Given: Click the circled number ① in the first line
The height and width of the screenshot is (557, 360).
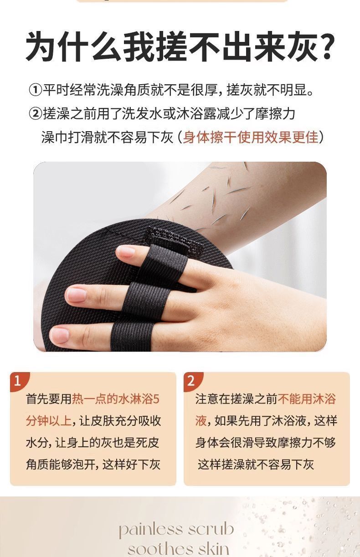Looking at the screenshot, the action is point(35,90).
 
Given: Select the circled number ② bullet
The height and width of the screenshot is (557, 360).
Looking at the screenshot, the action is point(35,114).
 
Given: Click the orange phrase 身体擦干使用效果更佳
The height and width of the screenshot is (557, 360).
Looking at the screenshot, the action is point(251,137).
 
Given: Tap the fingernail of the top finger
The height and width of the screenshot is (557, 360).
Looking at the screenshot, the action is point(126,251).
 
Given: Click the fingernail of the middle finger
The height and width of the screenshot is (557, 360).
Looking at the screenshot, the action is point(77,294).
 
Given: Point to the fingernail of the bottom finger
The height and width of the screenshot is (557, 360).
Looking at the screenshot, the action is point(59,335).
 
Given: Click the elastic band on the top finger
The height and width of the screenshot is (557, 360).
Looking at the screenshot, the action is point(165,262).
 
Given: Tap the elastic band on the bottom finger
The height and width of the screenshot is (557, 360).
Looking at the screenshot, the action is point(132,337).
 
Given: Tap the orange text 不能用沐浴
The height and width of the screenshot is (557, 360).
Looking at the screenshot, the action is point(307,399).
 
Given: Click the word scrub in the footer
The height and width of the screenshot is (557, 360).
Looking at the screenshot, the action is point(211,529).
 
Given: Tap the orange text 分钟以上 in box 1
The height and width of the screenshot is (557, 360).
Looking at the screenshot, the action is point(49,421).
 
